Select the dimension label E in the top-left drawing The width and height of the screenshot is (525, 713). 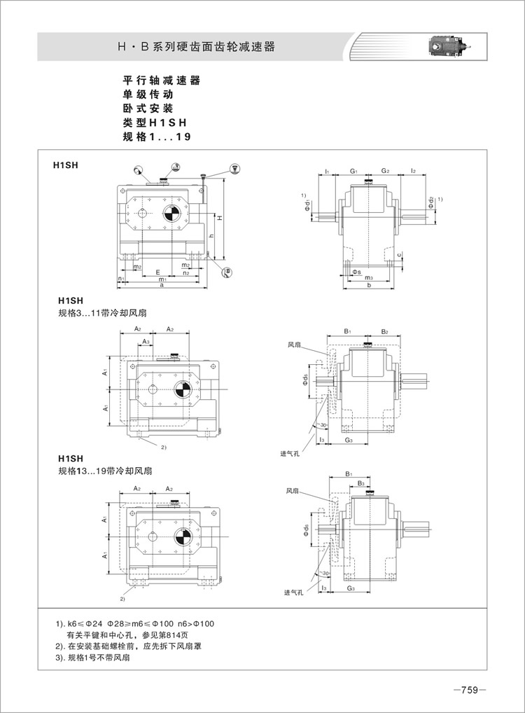[x=158, y=271]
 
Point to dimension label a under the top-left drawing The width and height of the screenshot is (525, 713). [x=162, y=286]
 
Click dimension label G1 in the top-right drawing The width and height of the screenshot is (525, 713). [x=355, y=171]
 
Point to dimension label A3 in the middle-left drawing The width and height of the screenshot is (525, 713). [x=145, y=341]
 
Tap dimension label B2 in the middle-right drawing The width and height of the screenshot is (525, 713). [x=384, y=330]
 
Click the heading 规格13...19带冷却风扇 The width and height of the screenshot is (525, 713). [x=103, y=471]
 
